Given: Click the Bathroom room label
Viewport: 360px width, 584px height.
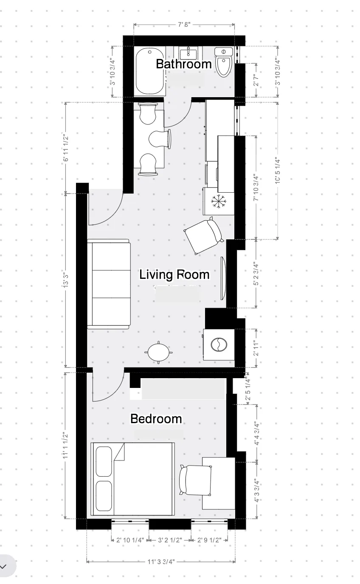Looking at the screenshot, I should [183, 64].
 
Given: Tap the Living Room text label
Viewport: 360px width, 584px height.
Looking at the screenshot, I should [174, 275].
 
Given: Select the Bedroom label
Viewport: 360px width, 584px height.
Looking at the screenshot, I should [156, 419].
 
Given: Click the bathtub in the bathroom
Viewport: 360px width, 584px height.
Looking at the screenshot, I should [150, 72].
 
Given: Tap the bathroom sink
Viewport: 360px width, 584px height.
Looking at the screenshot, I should [187, 53].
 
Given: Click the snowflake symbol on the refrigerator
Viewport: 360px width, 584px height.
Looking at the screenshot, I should [218, 201].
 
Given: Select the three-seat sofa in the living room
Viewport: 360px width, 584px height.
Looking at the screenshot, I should [109, 284].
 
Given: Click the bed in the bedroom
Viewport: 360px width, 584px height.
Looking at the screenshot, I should [133, 479].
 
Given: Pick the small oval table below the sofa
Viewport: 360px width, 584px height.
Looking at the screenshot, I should [158, 352].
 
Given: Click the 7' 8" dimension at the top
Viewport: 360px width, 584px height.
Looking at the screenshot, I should [184, 25].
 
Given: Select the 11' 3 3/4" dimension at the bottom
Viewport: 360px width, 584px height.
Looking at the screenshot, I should [161, 562].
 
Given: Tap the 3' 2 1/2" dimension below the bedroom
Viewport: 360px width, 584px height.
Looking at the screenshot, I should [170, 540].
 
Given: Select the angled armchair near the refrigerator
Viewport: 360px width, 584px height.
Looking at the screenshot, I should [203, 236].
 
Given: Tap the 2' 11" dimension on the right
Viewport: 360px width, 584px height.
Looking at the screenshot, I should [256, 348].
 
